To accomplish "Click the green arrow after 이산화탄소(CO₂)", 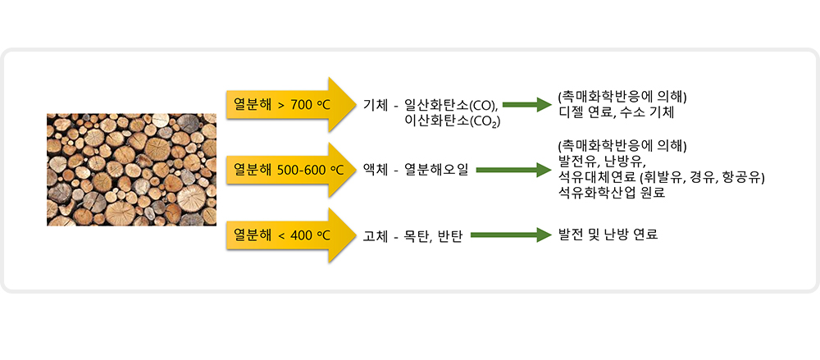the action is coord(527,105).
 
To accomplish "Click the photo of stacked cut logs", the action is coord(131,170).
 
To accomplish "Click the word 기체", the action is coord(376,105).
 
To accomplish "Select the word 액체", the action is coord(376,170).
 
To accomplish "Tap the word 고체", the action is coord(376,236).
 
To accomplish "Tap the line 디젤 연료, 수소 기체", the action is coord(617,112).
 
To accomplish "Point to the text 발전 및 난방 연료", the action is coord(608,235).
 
